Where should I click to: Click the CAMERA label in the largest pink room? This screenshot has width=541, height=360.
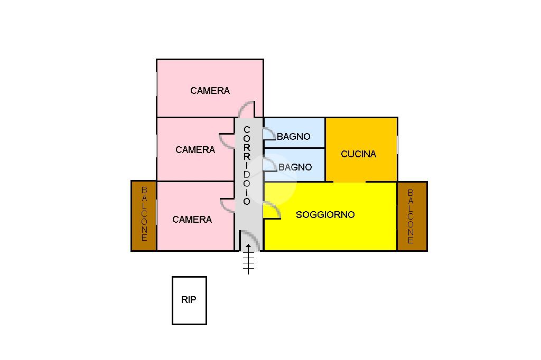[210, 91]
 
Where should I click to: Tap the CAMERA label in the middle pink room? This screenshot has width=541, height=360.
[195, 150]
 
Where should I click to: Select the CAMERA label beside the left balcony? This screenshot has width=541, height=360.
[192, 220]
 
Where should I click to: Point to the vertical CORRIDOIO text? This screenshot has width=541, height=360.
[247, 165]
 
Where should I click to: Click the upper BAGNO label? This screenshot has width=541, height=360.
[293, 137]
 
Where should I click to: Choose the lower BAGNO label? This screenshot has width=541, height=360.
[295, 167]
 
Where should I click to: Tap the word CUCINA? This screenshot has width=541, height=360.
[358, 154]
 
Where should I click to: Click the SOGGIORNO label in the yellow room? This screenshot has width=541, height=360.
[325, 215]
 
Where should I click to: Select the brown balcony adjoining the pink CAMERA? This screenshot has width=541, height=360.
[144, 215]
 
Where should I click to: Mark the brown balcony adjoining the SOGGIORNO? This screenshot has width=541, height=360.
[411, 215]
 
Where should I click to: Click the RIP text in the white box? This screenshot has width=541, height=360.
[189, 300]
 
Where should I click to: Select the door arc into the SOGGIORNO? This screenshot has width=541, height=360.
[272, 210]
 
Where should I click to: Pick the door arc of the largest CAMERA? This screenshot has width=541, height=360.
[246, 109]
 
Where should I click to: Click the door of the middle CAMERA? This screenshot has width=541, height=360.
[228, 140]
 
